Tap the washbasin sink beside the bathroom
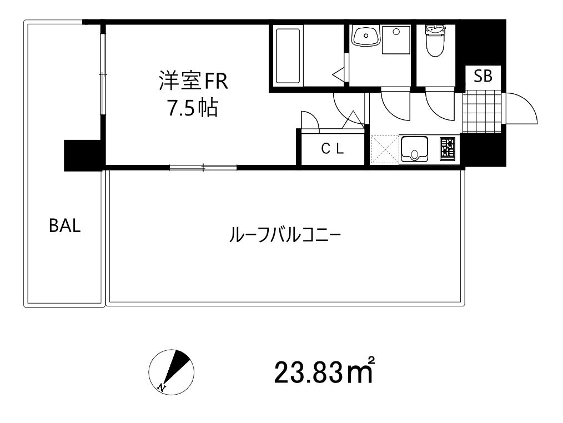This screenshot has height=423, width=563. [366, 36]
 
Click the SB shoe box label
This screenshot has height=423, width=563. [483, 77]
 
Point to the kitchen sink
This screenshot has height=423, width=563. [415, 149]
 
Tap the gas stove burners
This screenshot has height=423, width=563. [448, 149]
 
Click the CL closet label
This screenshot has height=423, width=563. [333, 148]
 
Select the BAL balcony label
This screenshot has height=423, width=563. [64, 226]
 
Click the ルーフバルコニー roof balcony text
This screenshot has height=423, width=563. [285, 235]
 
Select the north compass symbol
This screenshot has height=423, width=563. [171, 372]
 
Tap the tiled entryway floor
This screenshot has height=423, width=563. [481, 112]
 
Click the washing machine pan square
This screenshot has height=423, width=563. [396, 39]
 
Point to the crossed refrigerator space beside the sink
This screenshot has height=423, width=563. [384, 149]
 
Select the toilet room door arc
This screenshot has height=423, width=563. [440, 106]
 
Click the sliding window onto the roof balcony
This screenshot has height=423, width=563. [203, 167]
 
